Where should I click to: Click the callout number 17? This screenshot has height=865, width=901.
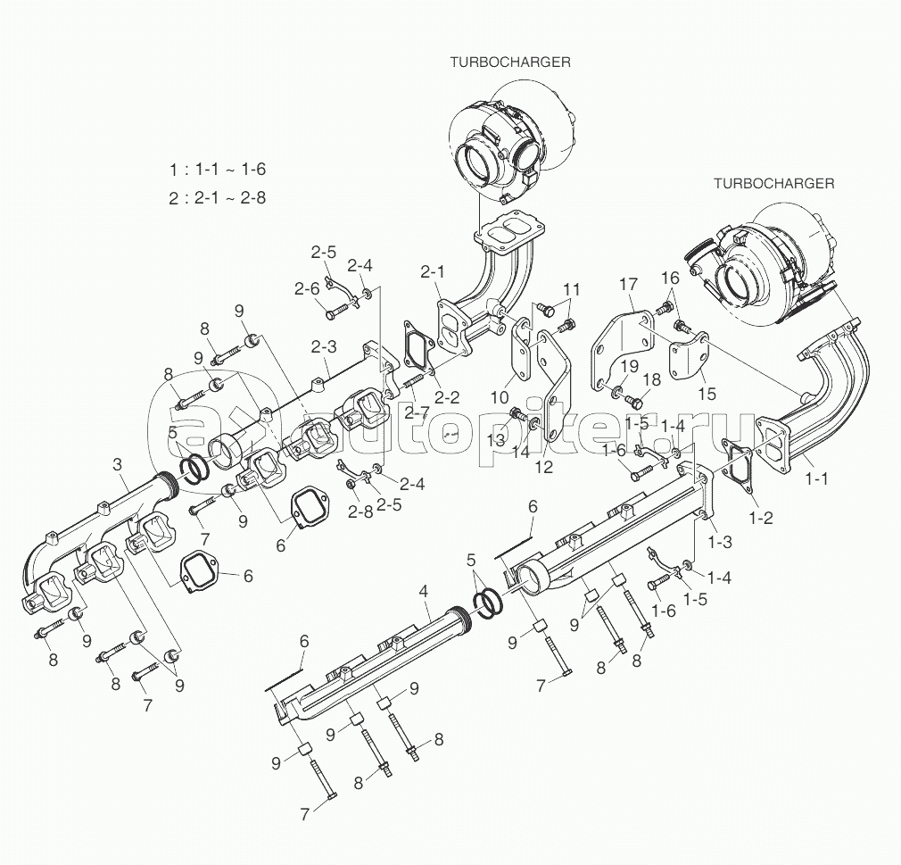click(630, 284)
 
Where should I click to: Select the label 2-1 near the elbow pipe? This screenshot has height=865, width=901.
click(432, 271)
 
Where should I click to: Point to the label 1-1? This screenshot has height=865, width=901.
click(816, 478)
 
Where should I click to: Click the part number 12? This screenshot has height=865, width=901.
click(543, 466)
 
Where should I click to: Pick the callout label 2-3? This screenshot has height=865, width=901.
click(323, 346)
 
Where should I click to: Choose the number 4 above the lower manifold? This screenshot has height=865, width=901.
click(424, 591)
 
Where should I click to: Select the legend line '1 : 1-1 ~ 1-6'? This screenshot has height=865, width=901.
click(217, 169)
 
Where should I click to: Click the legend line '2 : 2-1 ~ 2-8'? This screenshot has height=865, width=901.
click(217, 198)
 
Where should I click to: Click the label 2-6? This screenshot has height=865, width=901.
click(307, 288)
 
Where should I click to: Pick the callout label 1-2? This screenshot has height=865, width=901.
click(761, 518)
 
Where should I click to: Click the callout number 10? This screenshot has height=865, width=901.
click(500, 396)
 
